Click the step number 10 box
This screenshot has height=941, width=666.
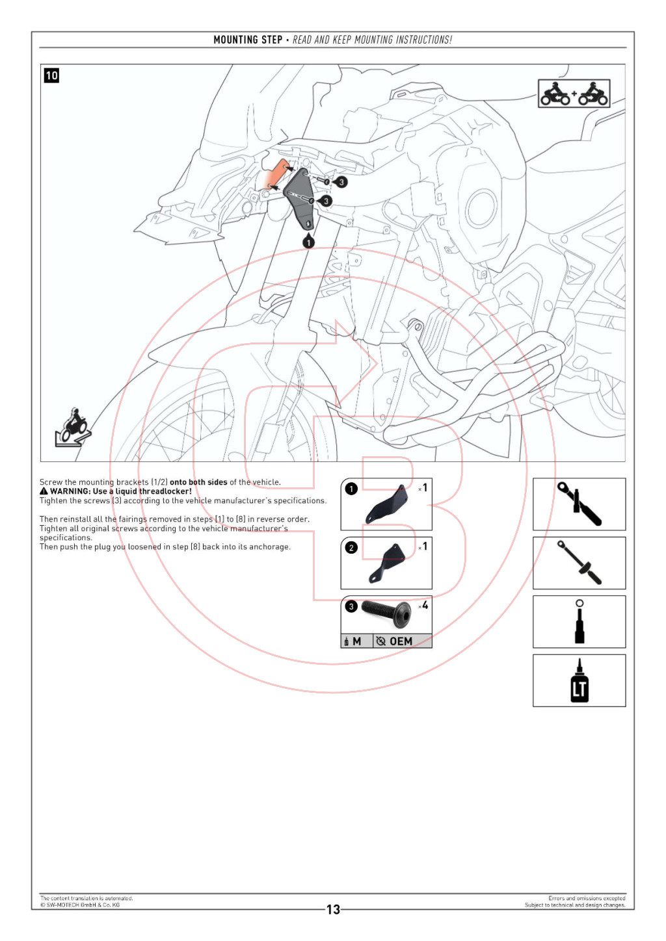51,75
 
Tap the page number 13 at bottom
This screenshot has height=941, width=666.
333,909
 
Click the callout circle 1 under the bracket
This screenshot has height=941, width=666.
308,242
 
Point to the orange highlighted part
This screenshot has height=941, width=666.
276,174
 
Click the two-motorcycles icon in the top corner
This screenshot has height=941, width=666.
574,94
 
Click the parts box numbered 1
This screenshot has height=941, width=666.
386,504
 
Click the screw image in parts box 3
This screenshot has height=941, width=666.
386,612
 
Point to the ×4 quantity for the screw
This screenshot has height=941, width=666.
423,606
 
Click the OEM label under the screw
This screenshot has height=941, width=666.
401,641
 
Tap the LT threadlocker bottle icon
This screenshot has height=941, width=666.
579,680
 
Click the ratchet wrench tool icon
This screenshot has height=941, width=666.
579,504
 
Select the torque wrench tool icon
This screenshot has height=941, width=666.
579,563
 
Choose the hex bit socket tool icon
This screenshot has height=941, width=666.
579,622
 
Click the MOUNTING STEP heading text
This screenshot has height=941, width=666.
248,40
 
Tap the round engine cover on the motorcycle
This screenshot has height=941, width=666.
481,208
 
